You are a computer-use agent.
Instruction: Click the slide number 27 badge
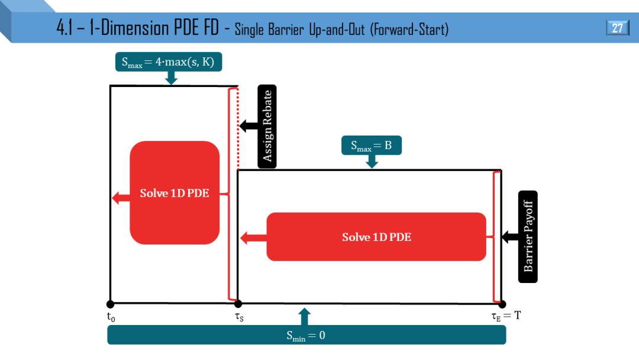(617, 28)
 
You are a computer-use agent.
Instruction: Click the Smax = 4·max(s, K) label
(168, 62)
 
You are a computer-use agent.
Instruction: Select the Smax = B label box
(371, 146)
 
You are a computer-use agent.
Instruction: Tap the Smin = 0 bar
(306, 335)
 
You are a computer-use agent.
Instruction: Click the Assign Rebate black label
(267, 126)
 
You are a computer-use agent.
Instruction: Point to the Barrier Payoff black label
(528, 237)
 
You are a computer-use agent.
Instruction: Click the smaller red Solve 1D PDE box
(175, 193)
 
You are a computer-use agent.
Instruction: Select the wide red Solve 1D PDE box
(376, 237)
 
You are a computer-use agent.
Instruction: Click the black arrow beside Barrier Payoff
(509, 237)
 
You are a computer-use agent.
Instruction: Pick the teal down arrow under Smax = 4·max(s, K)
(172, 78)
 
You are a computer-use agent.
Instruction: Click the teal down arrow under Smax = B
(372, 162)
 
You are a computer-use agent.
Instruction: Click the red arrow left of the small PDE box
(121, 198)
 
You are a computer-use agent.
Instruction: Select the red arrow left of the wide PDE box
(253, 238)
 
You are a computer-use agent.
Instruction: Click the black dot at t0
(110, 304)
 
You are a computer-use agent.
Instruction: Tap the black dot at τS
(237, 304)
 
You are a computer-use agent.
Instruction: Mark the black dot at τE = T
(502, 304)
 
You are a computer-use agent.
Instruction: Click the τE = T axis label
(506, 316)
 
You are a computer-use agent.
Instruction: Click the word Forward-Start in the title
(409, 29)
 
